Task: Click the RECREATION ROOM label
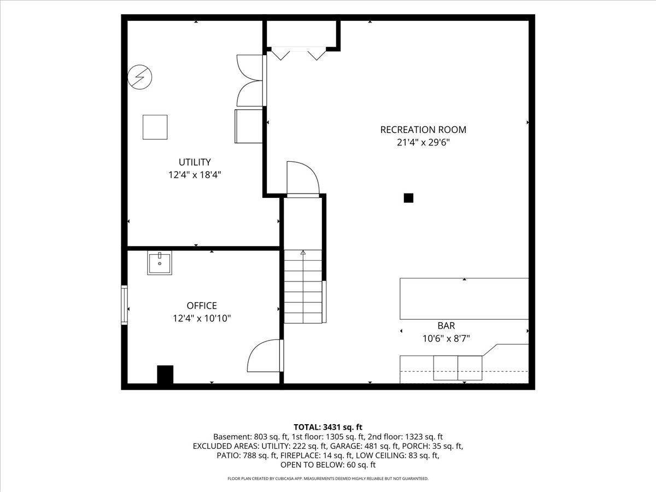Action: pyautogui.click(x=423, y=130)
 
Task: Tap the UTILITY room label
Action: pyautogui.click(x=195, y=162)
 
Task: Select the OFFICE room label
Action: pyautogui.click(x=202, y=306)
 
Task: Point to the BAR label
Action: pyautogui.click(x=446, y=326)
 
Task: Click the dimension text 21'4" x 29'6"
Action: pyautogui.click(x=423, y=143)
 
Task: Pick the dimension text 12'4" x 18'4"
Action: pyautogui.click(x=195, y=175)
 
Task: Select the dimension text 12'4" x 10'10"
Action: pyautogui.click(x=202, y=319)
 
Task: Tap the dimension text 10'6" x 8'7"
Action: pyautogui.click(x=446, y=338)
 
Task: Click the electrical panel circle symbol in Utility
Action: pyautogui.click(x=139, y=77)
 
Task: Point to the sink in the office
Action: pyautogui.click(x=160, y=262)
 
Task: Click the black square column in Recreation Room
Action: pyautogui.click(x=408, y=198)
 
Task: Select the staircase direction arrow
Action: pyautogui.click(x=303, y=253)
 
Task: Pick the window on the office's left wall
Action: pyautogui.click(x=124, y=304)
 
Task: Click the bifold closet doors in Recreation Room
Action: pyautogui.click(x=298, y=54)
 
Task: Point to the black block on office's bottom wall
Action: pyautogui.click(x=165, y=374)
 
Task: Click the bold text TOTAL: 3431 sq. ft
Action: pyautogui.click(x=328, y=427)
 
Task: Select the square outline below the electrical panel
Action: pyautogui.click(x=155, y=127)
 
